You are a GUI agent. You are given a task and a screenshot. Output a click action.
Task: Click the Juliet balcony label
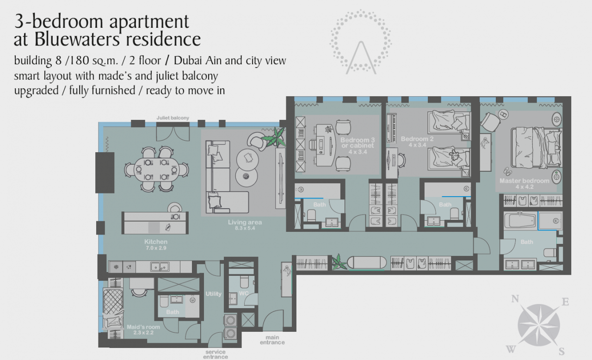point(173,118)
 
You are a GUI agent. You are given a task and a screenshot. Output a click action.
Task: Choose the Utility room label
point(214,294)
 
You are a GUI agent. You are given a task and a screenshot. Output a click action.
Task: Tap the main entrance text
point(272,340)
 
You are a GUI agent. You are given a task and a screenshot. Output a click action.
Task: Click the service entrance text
point(216,354)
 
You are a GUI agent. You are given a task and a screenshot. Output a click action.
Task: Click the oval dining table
point(156,169)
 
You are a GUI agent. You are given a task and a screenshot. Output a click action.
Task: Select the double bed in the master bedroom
point(536,148)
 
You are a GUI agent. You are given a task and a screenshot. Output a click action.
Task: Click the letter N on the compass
point(515,299)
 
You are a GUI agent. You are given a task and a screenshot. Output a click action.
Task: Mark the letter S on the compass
point(561,351)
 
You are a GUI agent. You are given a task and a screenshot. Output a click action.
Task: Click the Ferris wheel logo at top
point(361,42)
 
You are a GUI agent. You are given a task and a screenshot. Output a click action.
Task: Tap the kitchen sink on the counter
point(160,267)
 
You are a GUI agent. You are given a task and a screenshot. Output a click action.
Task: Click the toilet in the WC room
point(244,282)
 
